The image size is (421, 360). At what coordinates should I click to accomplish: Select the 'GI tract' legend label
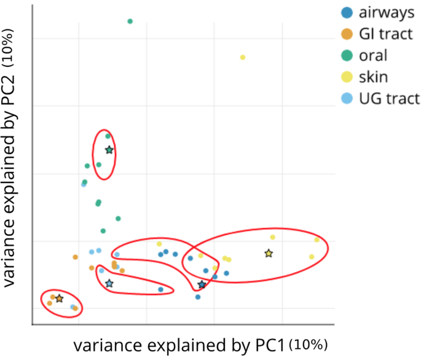click(386, 34)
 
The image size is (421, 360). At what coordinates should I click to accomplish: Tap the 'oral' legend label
click(374, 55)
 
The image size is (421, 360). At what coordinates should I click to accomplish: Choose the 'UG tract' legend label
click(389, 98)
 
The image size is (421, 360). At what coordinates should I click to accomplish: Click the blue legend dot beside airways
click(347, 13)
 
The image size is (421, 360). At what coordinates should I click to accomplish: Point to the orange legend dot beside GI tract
click(347, 34)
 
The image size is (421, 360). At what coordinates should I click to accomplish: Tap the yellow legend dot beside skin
click(347, 77)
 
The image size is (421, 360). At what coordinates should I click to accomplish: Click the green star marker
click(109, 150)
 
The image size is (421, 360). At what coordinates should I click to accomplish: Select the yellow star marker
click(269, 253)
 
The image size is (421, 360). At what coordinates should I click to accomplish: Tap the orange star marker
click(59, 299)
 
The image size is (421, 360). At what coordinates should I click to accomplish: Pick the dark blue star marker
click(202, 284)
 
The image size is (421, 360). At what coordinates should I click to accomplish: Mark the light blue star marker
click(109, 283)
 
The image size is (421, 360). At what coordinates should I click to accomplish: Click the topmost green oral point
click(130, 21)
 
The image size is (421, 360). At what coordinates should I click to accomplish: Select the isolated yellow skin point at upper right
click(243, 57)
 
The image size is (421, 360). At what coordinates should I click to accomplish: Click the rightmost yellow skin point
click(317, 240)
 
